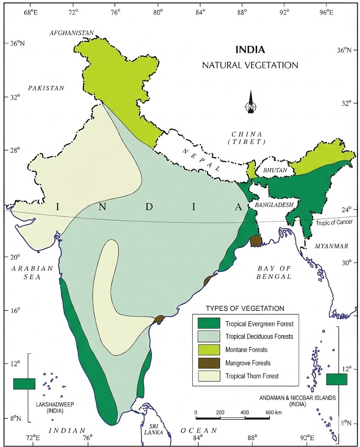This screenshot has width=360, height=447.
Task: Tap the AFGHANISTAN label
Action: pos(72,33)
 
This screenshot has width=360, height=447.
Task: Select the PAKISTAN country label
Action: pos(46,88)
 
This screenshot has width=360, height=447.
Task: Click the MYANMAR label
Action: pos(331,246)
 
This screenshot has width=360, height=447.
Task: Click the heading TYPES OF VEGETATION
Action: pos(245,308)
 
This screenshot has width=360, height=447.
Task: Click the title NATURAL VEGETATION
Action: pos(250,65)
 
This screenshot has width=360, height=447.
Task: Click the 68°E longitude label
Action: pos(30,11)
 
